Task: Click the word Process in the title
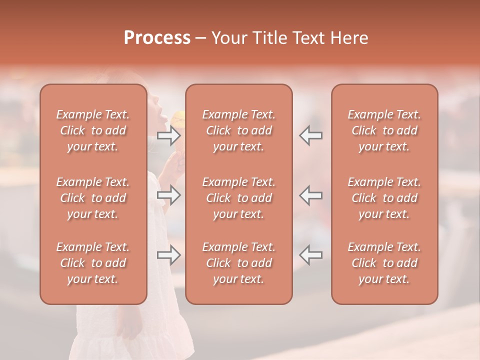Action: [x=157, y=37]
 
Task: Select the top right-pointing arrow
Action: [x=169, y=135]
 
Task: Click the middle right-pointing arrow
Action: [x=169, y=195]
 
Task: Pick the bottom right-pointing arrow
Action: [x=169, y=255]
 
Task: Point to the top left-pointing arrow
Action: [x=310, y=135]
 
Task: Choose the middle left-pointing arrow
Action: [x=310, y=195]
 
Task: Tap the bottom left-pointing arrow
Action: [x=310, y=255]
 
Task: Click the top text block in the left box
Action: [x=93, y=130]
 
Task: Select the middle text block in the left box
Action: [x=93, y=198]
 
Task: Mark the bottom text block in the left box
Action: [x=93, y=263]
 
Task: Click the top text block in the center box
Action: [x=239, y=130]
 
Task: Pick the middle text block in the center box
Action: [x=239, y=198]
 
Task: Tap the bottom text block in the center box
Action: [x=239, y=263]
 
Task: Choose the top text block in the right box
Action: [x=384, y=130]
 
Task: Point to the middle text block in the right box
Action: [x=384, y=198]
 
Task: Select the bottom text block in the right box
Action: [x=384, y=263]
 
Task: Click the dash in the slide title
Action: [x=200, y=38]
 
